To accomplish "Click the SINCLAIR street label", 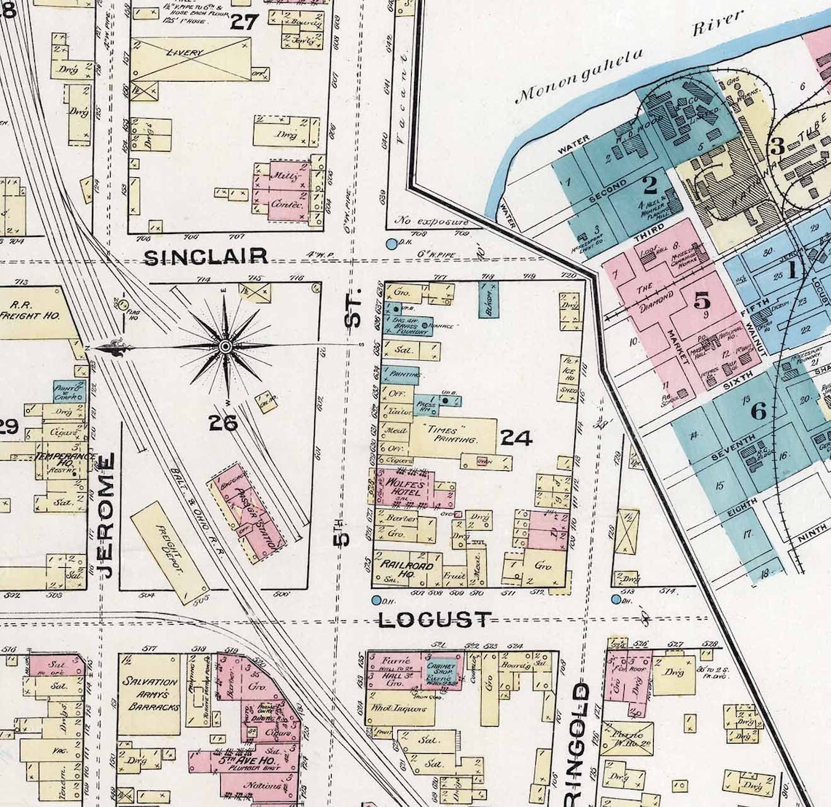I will pos(206,257).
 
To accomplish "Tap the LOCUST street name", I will pos(434,620).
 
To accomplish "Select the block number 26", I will pos(222,422).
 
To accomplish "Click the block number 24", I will pos(516,437).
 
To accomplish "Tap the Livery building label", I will pos(184,53).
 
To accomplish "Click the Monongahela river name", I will pos(582,74).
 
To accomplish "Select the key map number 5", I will pos(701,300).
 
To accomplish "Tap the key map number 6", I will pos(758,411).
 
